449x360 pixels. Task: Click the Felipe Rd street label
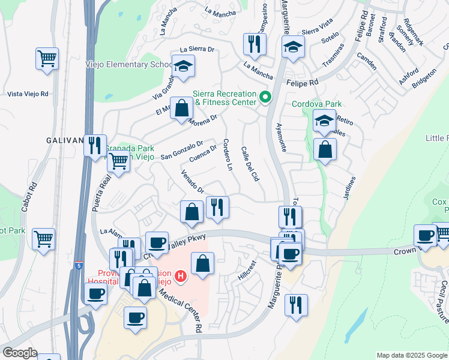pyautogui.click(x=302, y=83)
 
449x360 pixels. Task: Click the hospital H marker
pyautogui.click(x=181, y=277)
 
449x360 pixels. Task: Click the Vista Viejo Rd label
pyautogui.click(x=28, y=94)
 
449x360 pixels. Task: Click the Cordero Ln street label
pyautogui.click(x=227, y=154)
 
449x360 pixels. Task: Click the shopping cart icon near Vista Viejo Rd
pyautogui.click(x=46, y=59)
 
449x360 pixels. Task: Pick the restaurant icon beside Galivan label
pyautogui.click(x=95, y=145)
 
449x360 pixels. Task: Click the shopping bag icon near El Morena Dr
pyautogui.click(x=181, y=108)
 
